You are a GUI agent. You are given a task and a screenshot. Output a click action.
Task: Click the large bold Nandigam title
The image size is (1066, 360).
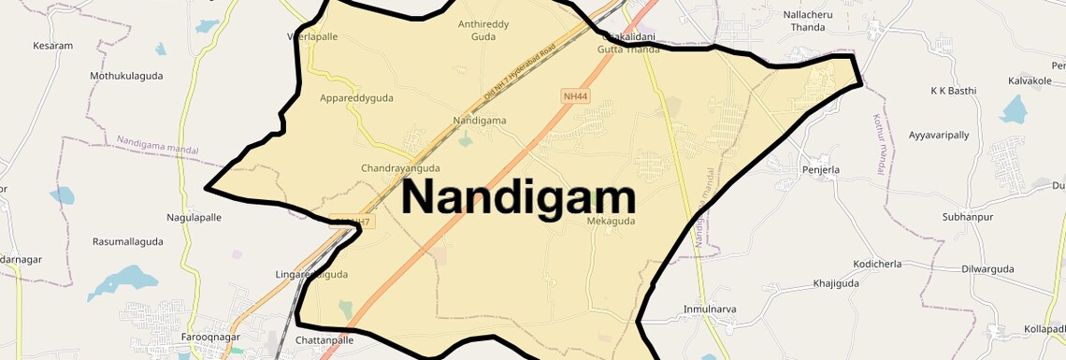[519, 197]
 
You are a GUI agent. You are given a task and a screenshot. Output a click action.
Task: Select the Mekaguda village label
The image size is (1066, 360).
[611, 222]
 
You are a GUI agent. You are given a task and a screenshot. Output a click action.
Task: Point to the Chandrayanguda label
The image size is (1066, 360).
[400, 168]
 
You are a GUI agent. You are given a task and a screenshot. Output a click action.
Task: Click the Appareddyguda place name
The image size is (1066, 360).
[356, 98]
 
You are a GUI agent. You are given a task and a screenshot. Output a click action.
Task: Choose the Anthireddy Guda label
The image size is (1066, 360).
[483, 31]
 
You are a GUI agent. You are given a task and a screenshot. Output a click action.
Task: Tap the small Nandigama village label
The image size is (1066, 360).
[479, 121]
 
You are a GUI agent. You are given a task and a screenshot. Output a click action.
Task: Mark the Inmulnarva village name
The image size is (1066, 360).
[710, 309]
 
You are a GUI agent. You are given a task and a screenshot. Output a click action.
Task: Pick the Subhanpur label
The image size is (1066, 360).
[967, 217]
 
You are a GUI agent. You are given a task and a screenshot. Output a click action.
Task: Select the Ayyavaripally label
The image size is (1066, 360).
[939, 136]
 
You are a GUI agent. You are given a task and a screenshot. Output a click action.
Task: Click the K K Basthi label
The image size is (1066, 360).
[952, 91]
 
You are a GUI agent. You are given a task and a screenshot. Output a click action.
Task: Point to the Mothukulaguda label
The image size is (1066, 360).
[126, 75]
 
